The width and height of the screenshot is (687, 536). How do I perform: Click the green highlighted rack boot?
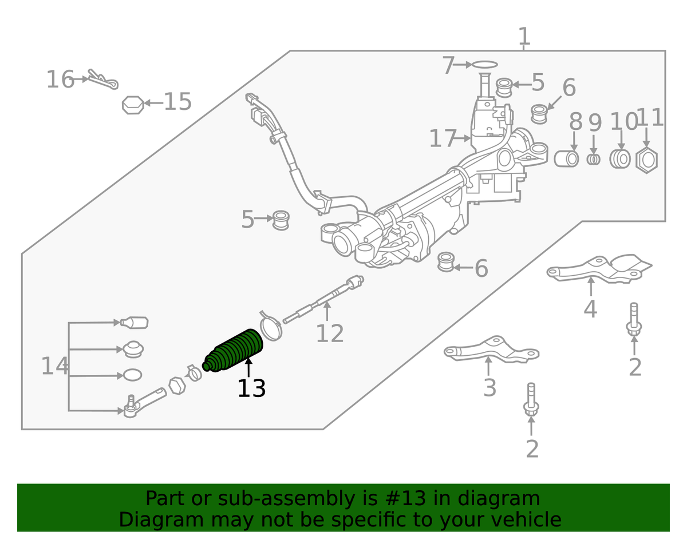[x=234, y=350]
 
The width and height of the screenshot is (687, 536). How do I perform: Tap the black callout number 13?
[x=251, y=388]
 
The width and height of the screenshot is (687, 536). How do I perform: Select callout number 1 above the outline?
[x=524, y=36]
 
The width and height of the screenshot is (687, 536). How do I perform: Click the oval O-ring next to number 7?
[x=484, y=65]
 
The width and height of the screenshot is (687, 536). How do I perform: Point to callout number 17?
[x=443, y=138]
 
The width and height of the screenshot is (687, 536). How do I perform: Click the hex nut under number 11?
[x=646, y=160]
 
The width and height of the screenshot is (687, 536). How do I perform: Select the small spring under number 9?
[x=594, y=159]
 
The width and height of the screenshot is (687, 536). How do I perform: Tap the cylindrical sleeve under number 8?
[x=566, y=158]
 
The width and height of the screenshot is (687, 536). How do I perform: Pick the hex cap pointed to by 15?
[x=133, y=105]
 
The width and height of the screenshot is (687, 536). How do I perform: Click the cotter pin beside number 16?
[x=103, y=80]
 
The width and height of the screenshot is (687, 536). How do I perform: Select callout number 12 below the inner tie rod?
[x=330, y=333]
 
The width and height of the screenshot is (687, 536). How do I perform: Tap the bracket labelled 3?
[x=491, y=349]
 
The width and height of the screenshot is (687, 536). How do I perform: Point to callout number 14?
[x=54, y=366]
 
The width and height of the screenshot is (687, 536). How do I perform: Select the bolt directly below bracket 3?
[x=531, y=399]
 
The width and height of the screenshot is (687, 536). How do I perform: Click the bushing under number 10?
[x=620, y=158]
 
